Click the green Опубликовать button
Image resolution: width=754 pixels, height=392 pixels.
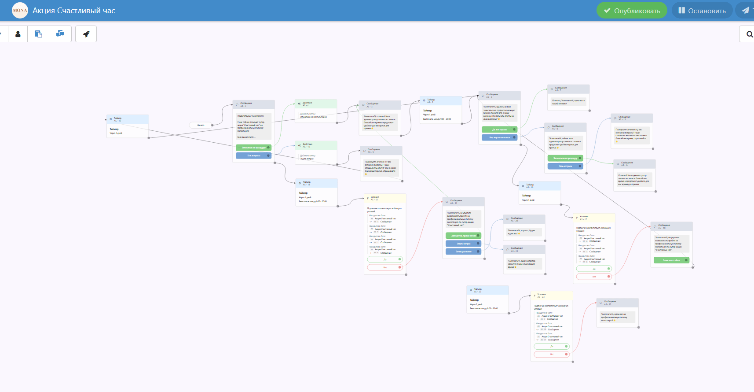(x=632, y=11)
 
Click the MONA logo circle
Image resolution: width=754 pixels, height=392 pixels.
(x=20, y=11)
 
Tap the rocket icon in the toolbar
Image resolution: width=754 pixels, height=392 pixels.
(x=86, y=34)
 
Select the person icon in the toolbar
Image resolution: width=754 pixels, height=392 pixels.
(x=18, y=34)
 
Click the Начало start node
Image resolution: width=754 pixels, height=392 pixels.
(x=201, y=125)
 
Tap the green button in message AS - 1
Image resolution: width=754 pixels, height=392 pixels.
(x=253, y=148)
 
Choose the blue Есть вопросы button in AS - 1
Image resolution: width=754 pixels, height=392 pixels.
(x=253, y=155)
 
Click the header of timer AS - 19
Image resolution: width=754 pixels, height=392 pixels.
(x=128, y=119)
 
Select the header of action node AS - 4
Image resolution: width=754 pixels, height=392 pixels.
(x=316, y=104)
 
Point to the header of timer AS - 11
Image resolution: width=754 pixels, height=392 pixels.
(x=317, y=183)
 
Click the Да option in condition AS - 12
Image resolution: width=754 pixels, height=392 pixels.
(x=385, y=259)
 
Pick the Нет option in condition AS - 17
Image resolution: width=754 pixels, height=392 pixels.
(x=594, y=277)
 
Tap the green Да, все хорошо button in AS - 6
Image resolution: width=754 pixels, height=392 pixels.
(x=499, y=129)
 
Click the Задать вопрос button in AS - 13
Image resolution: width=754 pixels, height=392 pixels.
(x=463, y=244)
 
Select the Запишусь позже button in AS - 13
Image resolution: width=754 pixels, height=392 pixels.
(x=463, y=251)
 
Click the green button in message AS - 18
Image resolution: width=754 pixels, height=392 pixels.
(x=671, y=260)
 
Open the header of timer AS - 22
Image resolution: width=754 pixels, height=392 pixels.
(x=487, y=290)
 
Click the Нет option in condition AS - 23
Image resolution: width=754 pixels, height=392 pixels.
(x=552, y=354)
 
